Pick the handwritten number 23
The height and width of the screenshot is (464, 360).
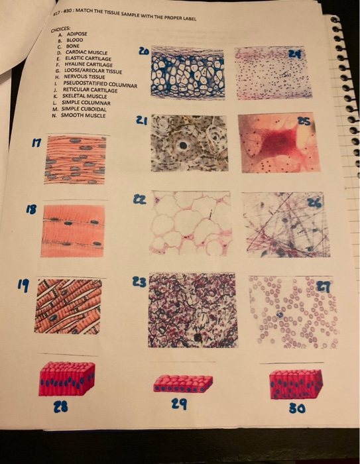coord(141,280)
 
